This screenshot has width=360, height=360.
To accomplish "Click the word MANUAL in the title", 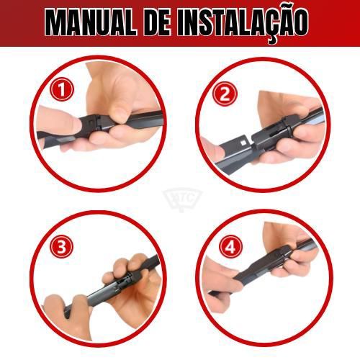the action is point(91,23).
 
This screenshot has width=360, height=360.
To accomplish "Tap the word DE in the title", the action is point(158,23).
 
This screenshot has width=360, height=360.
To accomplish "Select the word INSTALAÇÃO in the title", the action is point(243,24).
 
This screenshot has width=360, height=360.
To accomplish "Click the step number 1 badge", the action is point(62,89).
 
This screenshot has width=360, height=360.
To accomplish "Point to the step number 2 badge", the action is point(225,94).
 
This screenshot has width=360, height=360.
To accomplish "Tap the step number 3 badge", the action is point(61,246).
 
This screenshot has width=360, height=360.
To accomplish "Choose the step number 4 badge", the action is point(230,247).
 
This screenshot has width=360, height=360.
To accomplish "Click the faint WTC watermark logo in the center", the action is point(183,199).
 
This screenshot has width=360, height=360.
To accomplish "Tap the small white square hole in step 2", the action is point(243,143).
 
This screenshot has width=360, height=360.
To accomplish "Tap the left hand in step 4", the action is point(221,286).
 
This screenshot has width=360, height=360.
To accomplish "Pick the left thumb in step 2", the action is point(212,150).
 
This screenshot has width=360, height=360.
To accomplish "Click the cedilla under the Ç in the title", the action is point(272,40).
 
